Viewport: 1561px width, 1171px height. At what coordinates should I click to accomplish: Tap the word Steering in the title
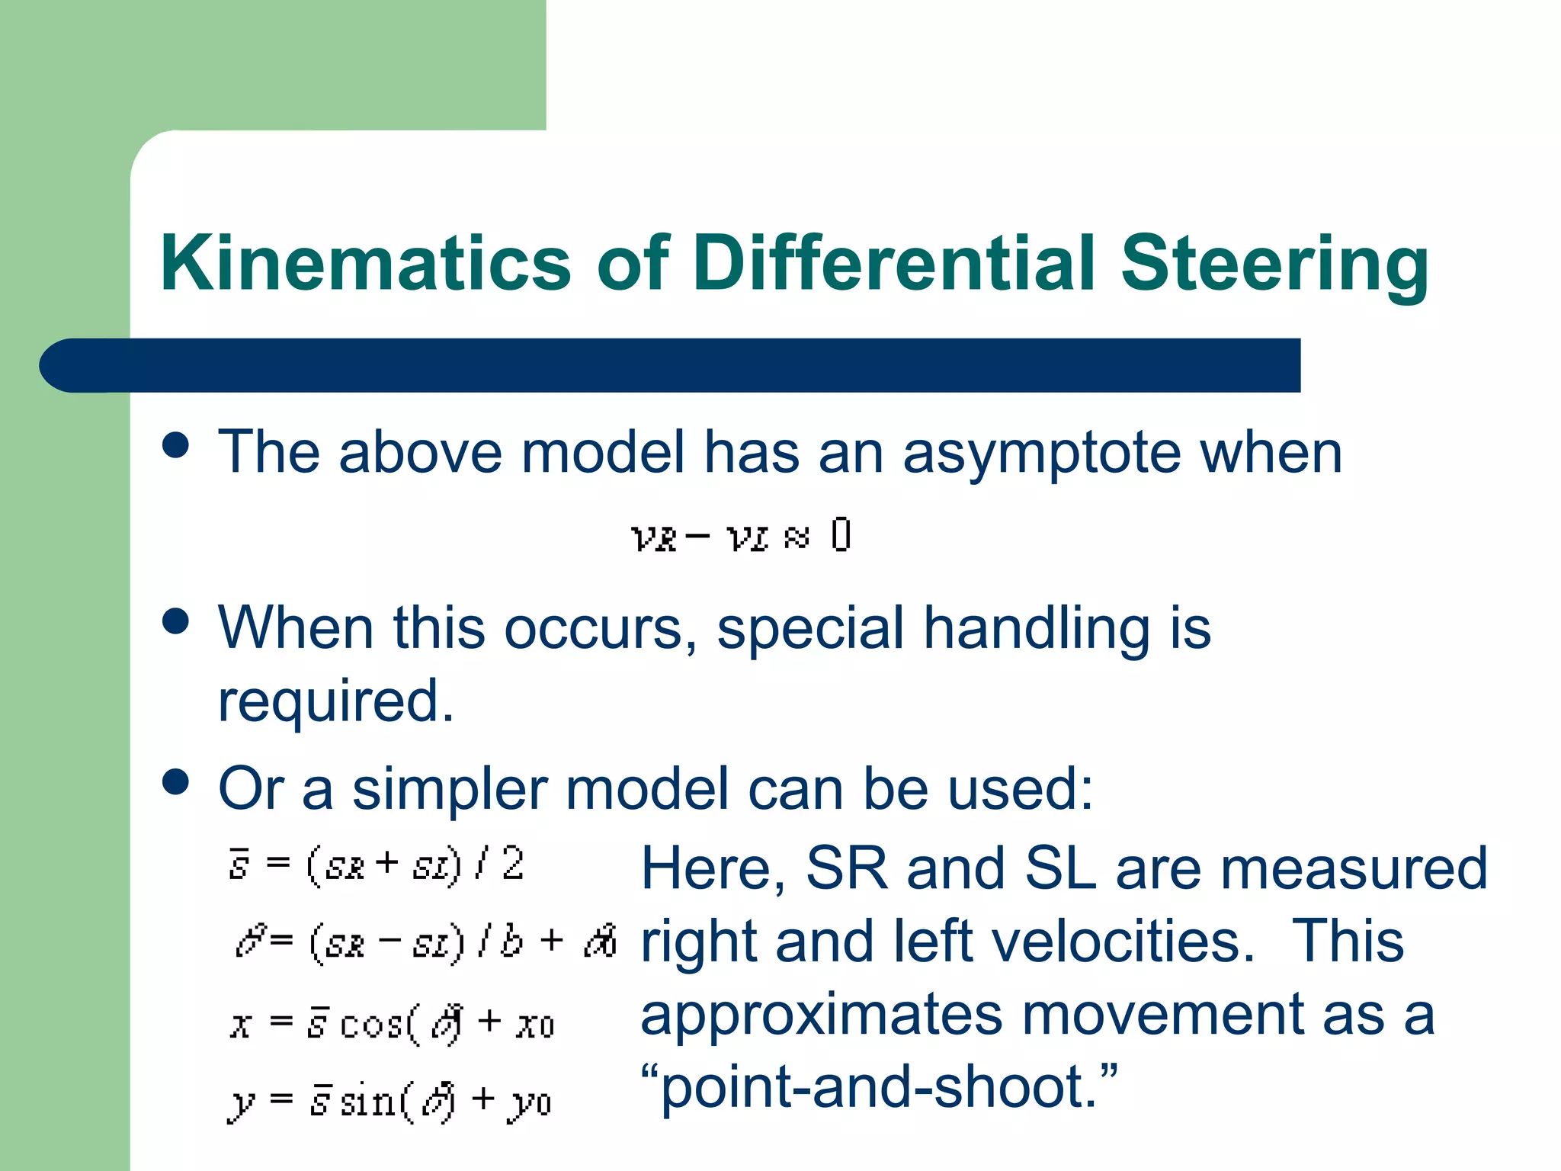(1274, 263)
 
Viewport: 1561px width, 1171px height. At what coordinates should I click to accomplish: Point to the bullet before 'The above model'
(176, 445)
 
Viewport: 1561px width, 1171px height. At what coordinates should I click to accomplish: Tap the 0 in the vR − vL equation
(841, 535)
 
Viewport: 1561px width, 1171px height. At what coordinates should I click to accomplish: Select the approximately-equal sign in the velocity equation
(796, 538)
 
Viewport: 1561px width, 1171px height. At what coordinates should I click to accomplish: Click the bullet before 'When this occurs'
(176, 621)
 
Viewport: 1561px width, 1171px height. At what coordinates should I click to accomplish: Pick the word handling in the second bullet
(1037, 628)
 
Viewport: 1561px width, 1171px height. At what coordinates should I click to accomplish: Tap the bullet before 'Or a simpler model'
(176, 781)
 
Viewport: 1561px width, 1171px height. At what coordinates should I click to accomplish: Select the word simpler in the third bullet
(450, 789)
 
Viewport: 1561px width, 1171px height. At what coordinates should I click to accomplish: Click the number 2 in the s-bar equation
(513, 864)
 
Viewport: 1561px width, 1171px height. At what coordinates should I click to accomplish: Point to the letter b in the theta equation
(511, 942)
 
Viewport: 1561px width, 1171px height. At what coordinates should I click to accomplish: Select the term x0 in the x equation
(535, 1025)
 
